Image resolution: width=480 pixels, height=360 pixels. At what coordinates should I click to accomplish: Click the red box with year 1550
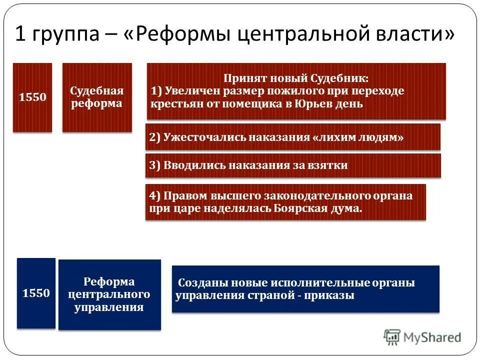(x=32, y=97)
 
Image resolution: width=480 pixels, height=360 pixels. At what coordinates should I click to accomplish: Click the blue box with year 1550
(x=36, y=293)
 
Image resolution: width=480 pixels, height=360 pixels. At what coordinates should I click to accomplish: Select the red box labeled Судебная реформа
(x=97, y=97)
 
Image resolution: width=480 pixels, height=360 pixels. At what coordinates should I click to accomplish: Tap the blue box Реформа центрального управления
(x=109, y=294)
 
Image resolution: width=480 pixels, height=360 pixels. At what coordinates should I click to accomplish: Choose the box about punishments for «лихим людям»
(x=293, y=137)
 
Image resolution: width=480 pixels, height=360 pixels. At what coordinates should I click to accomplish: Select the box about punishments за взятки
(x=293, y=165)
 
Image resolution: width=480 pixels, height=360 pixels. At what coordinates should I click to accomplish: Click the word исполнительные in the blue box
(x=325, y=282)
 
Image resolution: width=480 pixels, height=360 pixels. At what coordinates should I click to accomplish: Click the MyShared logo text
(x=432, y=337)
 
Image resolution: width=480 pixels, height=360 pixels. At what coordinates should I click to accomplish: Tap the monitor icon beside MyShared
(x=392, y=337)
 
